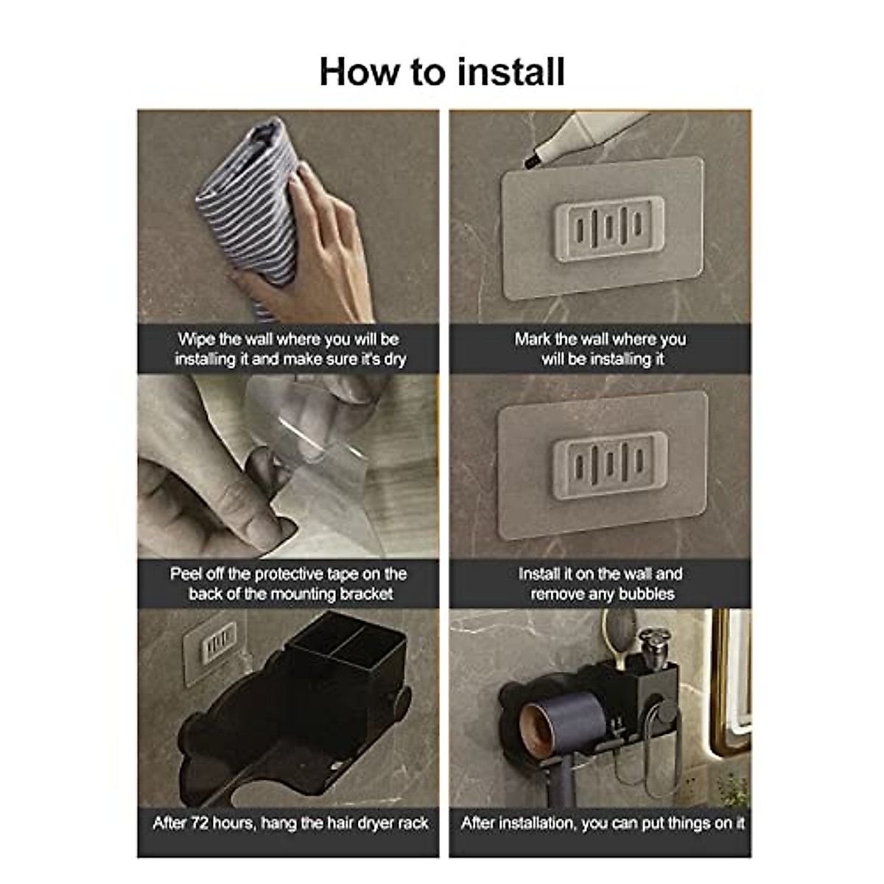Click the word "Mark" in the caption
[x=533, y=340]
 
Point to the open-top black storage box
[x=346, y=648]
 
